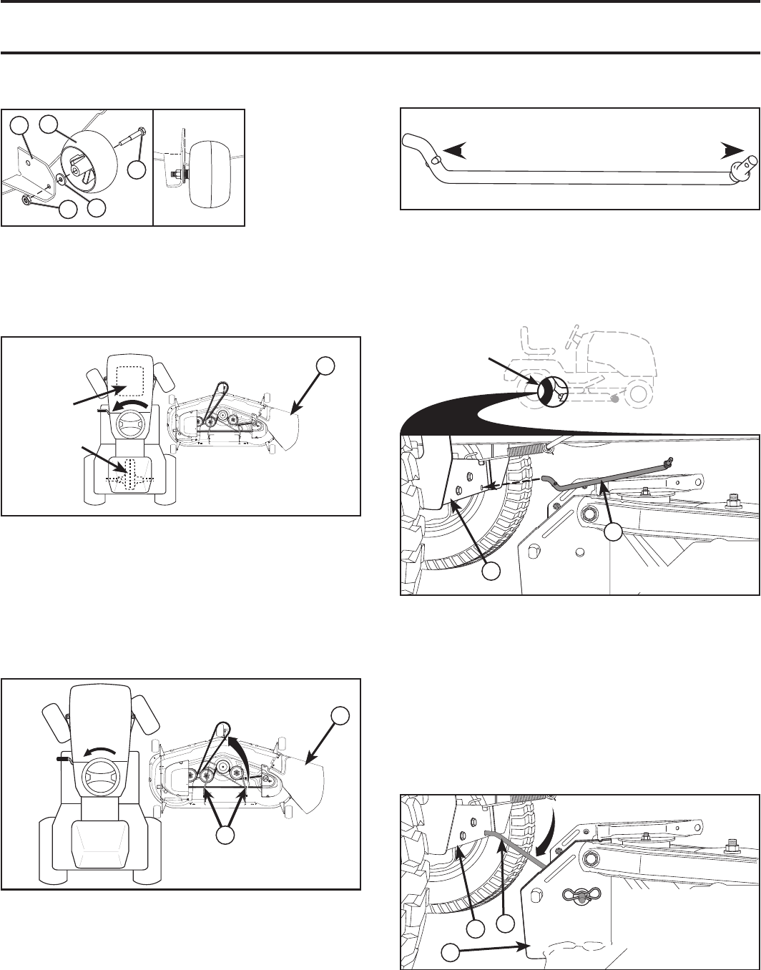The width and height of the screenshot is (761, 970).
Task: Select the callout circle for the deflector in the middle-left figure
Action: (x=326, y=366)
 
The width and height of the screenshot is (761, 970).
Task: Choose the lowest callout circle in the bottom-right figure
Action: (x=449, y=953)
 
